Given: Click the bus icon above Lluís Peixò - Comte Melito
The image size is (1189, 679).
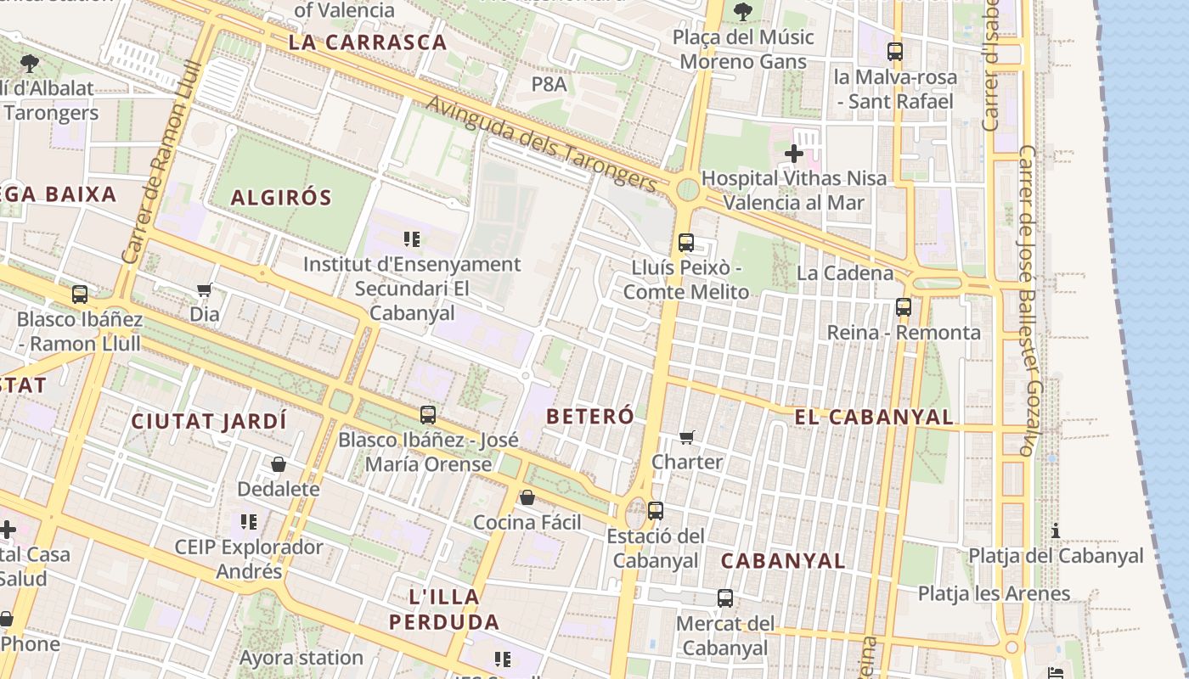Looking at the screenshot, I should click(x=686, y=243).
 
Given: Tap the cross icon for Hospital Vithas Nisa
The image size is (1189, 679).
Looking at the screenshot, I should click(x=794, y=154).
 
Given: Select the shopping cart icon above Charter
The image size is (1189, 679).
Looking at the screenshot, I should click(x=686, y=438).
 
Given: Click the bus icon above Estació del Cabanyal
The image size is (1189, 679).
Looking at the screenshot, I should click(x=655, y=511).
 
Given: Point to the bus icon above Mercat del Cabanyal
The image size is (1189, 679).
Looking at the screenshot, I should click(x=724, y=598).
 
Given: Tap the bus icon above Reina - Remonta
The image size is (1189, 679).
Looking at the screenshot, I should click(x=903, y=307).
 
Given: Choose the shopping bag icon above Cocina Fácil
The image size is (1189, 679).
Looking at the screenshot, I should click(x=527, y=497).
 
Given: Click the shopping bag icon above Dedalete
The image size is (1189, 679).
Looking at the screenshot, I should click(x=278, y=464).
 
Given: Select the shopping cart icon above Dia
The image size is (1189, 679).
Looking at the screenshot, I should click(x=204, y=290).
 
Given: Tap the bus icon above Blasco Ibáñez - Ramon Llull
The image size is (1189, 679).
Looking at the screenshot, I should click(x=80, y=295).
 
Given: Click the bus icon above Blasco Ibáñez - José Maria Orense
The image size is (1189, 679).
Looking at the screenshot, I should click(x=428, y=415).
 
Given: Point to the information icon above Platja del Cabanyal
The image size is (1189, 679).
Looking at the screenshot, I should click(x=1056, y=531).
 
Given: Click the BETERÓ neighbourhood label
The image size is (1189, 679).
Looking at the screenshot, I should click(x=590, y=417).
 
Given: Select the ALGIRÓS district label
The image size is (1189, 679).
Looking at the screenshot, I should click(x=281, y=198).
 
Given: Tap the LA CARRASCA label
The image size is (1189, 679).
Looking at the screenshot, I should click(x=367, y=42).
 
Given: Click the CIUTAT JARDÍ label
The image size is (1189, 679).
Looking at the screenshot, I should click(x=209, y=421).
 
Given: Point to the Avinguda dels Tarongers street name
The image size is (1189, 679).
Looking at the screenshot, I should click(x=542, y=144).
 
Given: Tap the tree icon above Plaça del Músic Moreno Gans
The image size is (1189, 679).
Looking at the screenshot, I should click(x=742, y=12).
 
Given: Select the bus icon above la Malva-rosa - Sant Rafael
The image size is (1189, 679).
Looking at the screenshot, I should click(x=894, y=52).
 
